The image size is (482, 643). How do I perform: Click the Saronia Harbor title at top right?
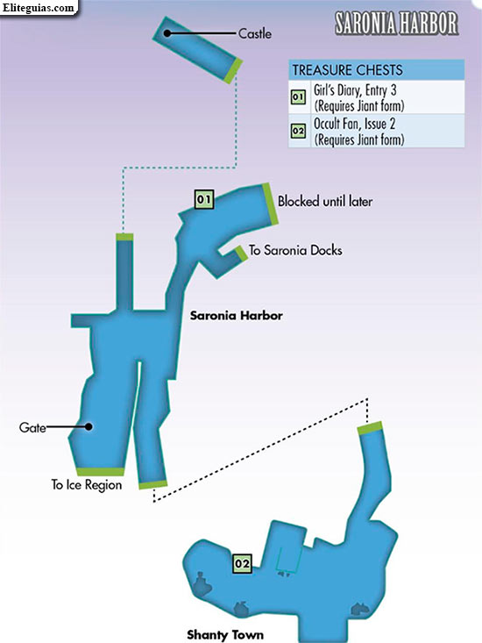(x=396, y=23)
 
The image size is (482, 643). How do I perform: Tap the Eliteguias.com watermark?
(x=39, y=8)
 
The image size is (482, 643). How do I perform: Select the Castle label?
(x=255, y=33)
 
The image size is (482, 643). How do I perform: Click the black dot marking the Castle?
(x=167, y=32)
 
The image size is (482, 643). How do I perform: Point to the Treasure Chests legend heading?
(x=347, y=70)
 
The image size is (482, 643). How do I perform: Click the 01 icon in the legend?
(x=298, y=97)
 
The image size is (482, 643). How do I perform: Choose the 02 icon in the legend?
(x=298, y=131)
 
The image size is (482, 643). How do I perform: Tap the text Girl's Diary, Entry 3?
(x=355, y=89)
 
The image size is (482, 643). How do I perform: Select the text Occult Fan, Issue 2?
(x=354, y=124)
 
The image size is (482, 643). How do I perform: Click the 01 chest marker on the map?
(x=203, y=200)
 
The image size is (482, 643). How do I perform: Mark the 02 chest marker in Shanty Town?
(x=242, y=563)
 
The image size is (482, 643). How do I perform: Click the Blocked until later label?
(x=325, y=202)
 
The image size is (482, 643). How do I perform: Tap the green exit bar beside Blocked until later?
(x=270, y=204)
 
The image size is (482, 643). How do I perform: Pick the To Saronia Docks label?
(x=295, y=250)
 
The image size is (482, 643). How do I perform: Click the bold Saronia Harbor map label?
(x=237, y=315)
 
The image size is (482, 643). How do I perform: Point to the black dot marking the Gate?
(x=89, y=426)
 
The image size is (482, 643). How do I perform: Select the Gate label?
(x=32, y=428)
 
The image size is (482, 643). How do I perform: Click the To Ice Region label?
(x=87, y=485)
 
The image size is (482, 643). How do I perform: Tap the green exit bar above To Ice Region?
(x=100, y=472)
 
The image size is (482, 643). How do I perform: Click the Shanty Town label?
(x=225, y=635)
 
